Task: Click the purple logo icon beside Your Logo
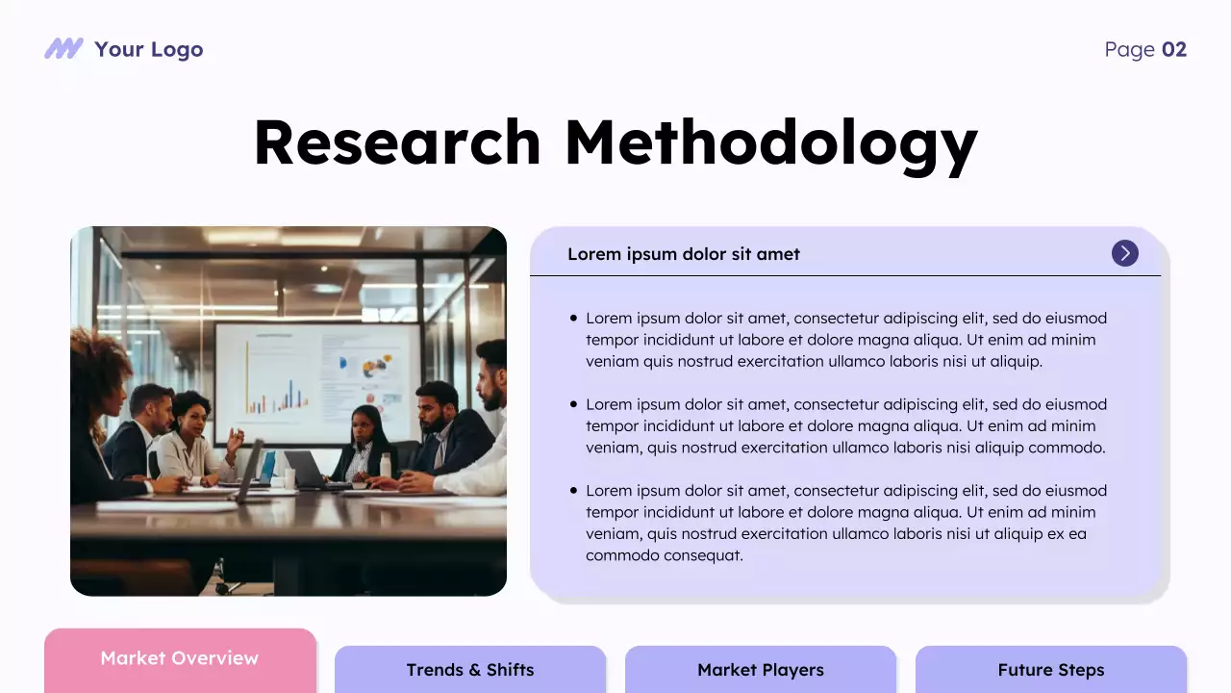coord(63,49)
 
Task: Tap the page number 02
coord(1174,50)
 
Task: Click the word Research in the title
coord(397,142)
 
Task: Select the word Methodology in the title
coord(770,144)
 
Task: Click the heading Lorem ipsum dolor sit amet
coord(683,254)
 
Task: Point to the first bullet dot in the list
coord(574,318)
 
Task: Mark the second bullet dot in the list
coord(574,404)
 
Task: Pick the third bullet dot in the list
coord(574,491)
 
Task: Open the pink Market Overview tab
coord(180,659)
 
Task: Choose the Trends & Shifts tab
coord(469,670)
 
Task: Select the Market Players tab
coord(760,670)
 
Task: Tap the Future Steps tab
coord(1050,670)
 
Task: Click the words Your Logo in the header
coord(148,50)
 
